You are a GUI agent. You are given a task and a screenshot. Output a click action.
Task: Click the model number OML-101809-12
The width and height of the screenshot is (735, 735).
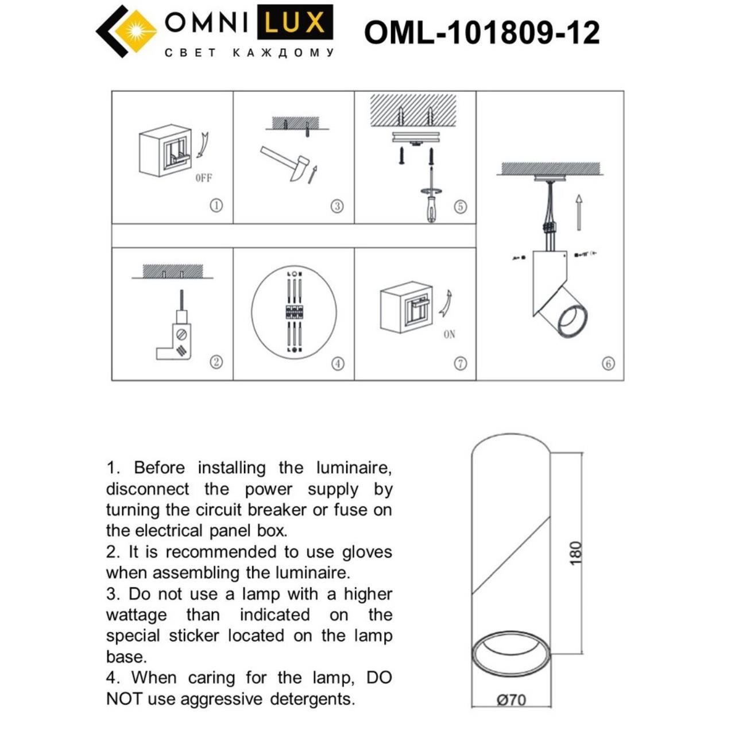coord(482,32)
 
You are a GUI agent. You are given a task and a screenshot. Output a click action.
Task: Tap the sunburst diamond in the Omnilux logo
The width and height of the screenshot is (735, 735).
coord(136,30)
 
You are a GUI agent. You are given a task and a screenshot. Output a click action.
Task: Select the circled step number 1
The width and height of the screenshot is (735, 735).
coord(216,206)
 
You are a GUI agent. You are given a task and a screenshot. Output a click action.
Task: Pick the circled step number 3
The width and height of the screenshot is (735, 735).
coord(337,206)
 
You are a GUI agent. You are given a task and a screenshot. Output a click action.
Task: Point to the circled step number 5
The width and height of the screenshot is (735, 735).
coord(460,207)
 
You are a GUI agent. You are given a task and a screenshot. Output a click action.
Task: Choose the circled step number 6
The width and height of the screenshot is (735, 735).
coord(608,363)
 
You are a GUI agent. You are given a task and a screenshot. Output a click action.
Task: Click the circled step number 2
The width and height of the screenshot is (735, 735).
coord(216,362)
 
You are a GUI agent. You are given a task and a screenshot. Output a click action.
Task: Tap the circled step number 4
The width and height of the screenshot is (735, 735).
coord(338,363)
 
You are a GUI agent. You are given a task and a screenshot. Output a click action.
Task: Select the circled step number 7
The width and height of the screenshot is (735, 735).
coord(460,363)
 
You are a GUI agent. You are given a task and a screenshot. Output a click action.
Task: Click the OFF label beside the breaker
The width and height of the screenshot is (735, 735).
coord(204,178)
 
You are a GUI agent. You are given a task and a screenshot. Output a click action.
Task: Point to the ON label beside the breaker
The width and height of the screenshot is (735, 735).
coord(449,334)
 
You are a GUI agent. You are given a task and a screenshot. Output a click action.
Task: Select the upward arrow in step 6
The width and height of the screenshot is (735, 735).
coord(579,212)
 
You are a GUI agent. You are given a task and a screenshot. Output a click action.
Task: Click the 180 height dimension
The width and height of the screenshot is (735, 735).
coord(575,553)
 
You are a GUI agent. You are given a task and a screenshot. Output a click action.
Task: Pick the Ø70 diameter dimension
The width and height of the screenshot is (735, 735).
coord(511,700)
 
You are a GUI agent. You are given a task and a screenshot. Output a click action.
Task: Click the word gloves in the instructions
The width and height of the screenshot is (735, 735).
coord(367,552)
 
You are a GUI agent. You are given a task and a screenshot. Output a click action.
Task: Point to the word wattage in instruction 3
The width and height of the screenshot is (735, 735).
coord(136,615)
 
